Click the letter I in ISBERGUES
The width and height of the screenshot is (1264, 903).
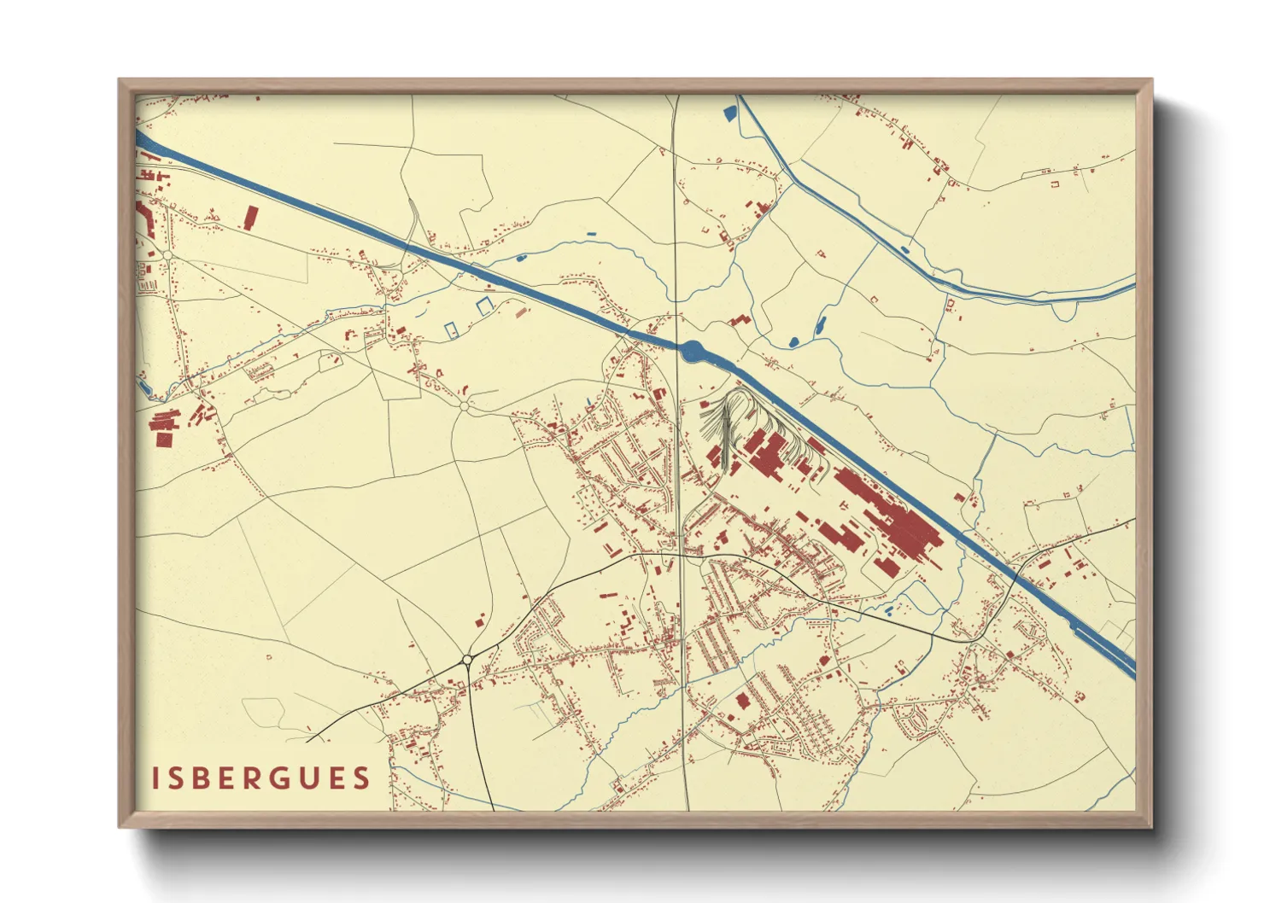(156, 778)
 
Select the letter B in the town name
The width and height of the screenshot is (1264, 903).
(204, 778)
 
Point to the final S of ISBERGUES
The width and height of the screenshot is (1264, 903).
(362, 778)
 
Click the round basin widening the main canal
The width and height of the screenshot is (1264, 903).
(692, 349)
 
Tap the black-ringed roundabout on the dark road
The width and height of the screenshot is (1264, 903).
(467, 659)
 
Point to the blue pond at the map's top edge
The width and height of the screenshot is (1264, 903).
(729, 112)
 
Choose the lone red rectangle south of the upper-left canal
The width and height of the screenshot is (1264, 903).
(250, 217)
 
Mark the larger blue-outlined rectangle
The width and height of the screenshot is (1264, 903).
(485, 305)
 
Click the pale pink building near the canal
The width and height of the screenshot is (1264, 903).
(521, 311)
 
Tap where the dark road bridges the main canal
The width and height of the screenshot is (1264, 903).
(1016, 574)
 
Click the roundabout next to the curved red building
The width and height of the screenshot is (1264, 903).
(168, 255)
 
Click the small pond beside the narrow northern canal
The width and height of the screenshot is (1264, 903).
(904, 249)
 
